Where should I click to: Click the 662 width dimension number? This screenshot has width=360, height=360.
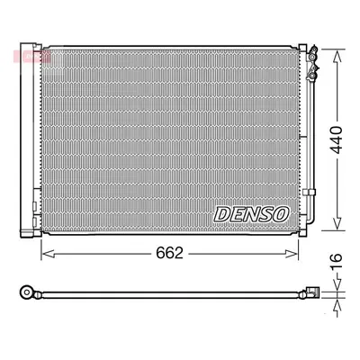coord(169,254)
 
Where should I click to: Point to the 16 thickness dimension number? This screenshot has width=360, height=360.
coord(337,262)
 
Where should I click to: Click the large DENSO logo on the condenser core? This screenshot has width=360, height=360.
coord(252,214)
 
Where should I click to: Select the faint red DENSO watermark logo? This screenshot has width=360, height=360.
coord(31,56)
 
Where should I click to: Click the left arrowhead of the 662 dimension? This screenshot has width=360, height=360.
coord(48,254)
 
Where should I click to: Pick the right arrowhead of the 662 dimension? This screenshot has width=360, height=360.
coord(292,254)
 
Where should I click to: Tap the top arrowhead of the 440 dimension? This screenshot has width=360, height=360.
coord(337,57)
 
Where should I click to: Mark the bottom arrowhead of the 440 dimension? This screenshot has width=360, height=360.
coord(337,222)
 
